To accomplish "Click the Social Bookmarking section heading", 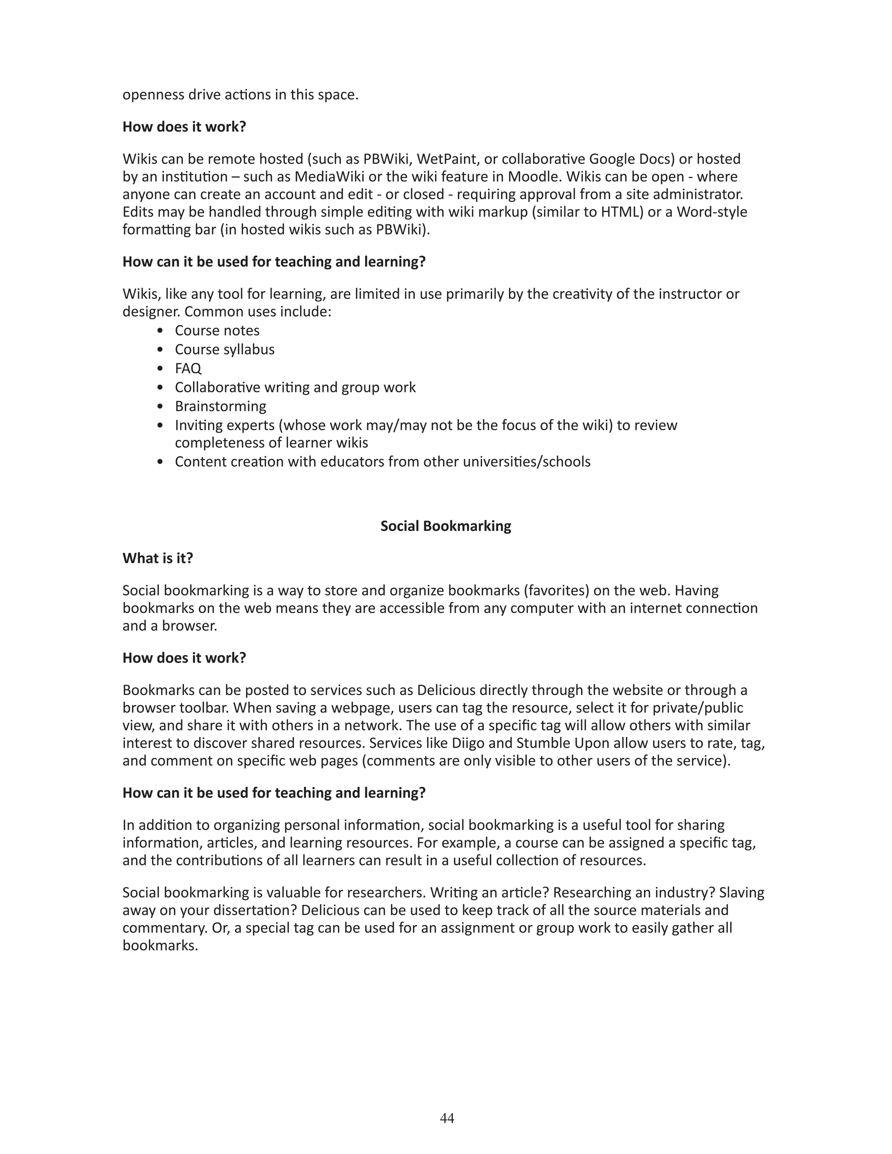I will [446, 526].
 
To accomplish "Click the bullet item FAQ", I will [188, 368].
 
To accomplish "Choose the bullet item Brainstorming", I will [220, 406].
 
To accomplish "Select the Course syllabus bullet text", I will [225, 349].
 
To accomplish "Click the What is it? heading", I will [158, 559].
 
